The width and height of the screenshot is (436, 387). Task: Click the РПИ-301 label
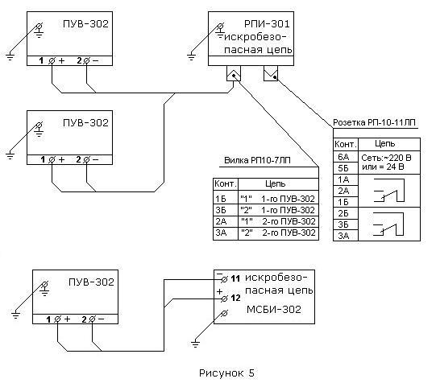click(267, 24)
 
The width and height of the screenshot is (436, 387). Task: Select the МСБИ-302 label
click(274, 309)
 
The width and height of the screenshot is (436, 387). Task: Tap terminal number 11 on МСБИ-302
click(235, 278)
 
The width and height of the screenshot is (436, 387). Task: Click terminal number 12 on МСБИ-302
click(235, 298)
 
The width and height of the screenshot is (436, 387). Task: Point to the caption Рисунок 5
click(226, 373)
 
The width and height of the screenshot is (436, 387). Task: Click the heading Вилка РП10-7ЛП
click(257, 161)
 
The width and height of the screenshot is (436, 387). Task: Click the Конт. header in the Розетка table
click(346, 144)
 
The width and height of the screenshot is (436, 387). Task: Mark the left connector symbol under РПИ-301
click(234, 73)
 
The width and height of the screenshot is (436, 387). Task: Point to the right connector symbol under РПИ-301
click(271, 73)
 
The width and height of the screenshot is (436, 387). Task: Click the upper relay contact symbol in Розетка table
click(388, 191)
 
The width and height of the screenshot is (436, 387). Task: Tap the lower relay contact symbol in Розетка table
click(388, 224)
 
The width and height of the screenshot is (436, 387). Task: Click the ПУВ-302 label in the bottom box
click(92, 282)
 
